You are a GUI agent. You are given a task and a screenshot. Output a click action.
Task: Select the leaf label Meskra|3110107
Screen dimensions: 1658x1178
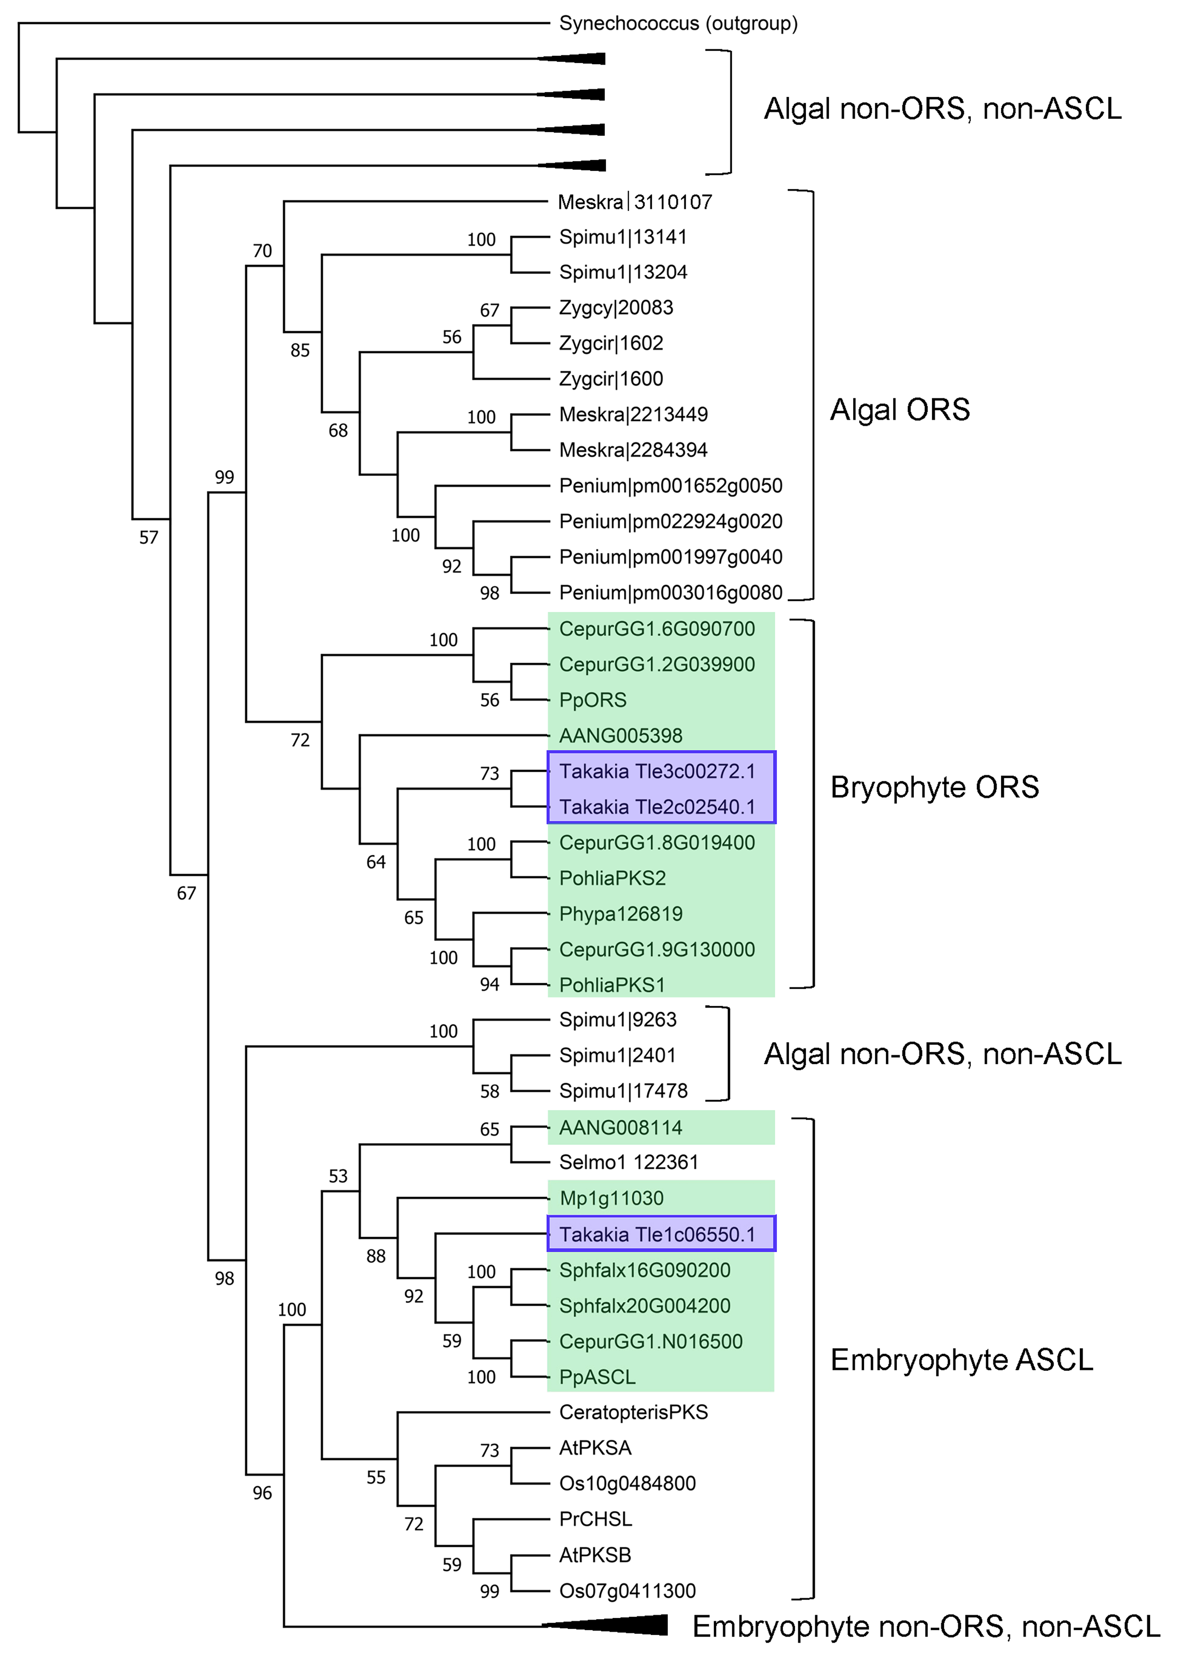coord(635,202)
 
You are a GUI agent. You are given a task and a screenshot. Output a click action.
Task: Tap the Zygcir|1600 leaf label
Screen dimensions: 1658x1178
coord(611,379)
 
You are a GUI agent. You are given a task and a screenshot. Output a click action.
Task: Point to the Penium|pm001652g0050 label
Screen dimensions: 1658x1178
coord(670,486)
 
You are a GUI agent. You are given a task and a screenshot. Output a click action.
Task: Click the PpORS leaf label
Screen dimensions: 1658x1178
coord(593,700)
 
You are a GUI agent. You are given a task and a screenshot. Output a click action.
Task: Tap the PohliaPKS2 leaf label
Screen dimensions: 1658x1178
coord(612,878)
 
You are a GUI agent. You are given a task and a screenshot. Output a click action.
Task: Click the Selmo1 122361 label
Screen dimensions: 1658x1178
coord(628,1163)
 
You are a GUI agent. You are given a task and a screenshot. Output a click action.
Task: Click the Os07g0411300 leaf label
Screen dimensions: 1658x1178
coord(627,1591)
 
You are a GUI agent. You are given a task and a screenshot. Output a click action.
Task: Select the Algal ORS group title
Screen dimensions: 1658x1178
coord(900,410)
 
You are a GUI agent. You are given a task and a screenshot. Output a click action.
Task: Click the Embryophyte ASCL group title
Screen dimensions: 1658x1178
coord(961,1360)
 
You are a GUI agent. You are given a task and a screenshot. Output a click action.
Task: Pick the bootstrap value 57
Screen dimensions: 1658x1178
coord(149,537)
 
